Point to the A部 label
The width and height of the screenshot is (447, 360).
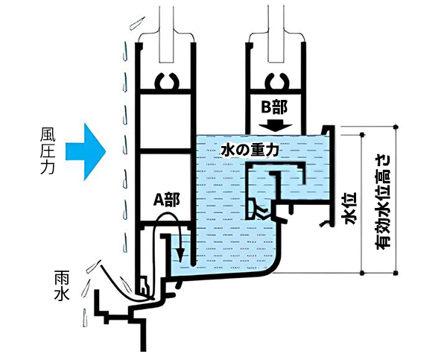click(166, 200)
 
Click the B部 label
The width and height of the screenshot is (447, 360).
click(275, 106)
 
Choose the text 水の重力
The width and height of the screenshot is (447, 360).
click(250, 150)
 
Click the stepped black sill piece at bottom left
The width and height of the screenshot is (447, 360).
click(130, 313)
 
